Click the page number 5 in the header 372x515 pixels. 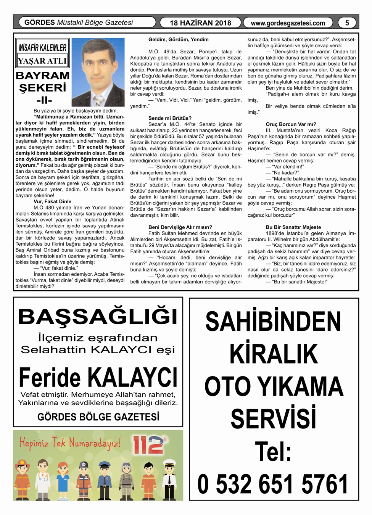click(347, 23)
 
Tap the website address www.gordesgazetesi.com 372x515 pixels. click(288, 23)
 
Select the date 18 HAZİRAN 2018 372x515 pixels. click(200, 23)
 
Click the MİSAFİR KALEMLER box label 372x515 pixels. click(42, 48)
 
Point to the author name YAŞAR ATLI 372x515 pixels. click(42, 61)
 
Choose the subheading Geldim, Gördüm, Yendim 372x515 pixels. click(178, 39)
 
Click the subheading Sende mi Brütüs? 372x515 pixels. click(170, 118)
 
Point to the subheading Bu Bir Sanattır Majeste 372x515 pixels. click(293, 227)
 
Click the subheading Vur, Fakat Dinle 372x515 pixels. click(52, 201)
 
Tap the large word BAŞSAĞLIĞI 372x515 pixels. click(98, 317)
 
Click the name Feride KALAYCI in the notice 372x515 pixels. click(98, 377)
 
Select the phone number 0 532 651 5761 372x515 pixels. click(273, 484)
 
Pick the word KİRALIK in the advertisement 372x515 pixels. click(274, 354)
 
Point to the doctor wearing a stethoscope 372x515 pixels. click(42, 479)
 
